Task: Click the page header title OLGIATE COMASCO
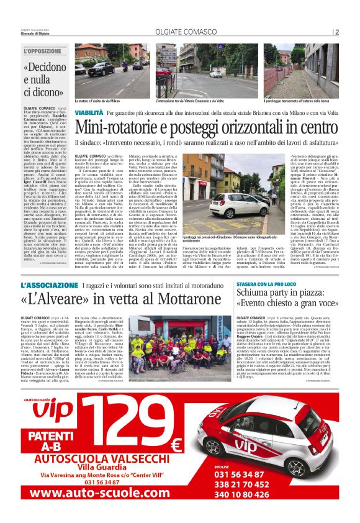[180, 32]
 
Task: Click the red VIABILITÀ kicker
[89, 114]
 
